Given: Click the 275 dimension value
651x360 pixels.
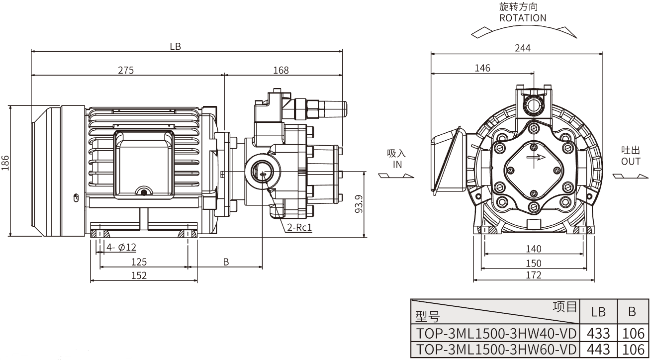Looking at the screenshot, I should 126,70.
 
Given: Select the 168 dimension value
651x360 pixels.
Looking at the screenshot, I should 281,70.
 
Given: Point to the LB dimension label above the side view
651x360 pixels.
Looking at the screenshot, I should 175,46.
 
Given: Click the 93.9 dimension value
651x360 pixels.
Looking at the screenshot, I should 359,204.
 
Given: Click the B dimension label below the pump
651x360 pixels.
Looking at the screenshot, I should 226,262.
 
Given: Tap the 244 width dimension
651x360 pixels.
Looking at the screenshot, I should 523,48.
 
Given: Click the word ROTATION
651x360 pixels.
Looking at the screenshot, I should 523,18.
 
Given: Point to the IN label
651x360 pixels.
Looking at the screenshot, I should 396,164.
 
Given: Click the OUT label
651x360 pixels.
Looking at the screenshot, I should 631,162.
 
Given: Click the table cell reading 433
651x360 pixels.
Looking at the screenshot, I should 598,333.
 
